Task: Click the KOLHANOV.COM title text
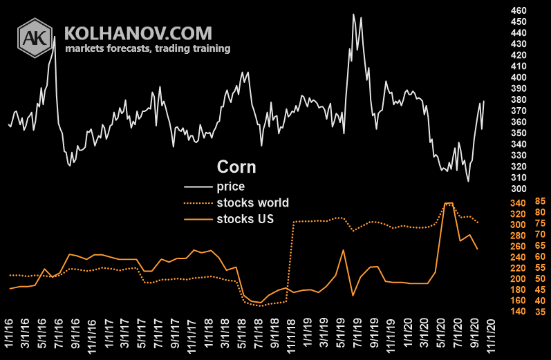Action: coord(138,32)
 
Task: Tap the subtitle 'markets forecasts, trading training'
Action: coord(147,49)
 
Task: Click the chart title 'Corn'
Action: coord(236,167)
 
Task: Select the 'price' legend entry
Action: coord(230,186)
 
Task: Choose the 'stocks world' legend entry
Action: coord(252,203)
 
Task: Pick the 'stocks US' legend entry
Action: coord(245,220)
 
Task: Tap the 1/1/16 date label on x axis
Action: coord(10,335)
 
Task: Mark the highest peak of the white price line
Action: coord(354,15)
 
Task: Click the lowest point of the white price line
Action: coord(468,181)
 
